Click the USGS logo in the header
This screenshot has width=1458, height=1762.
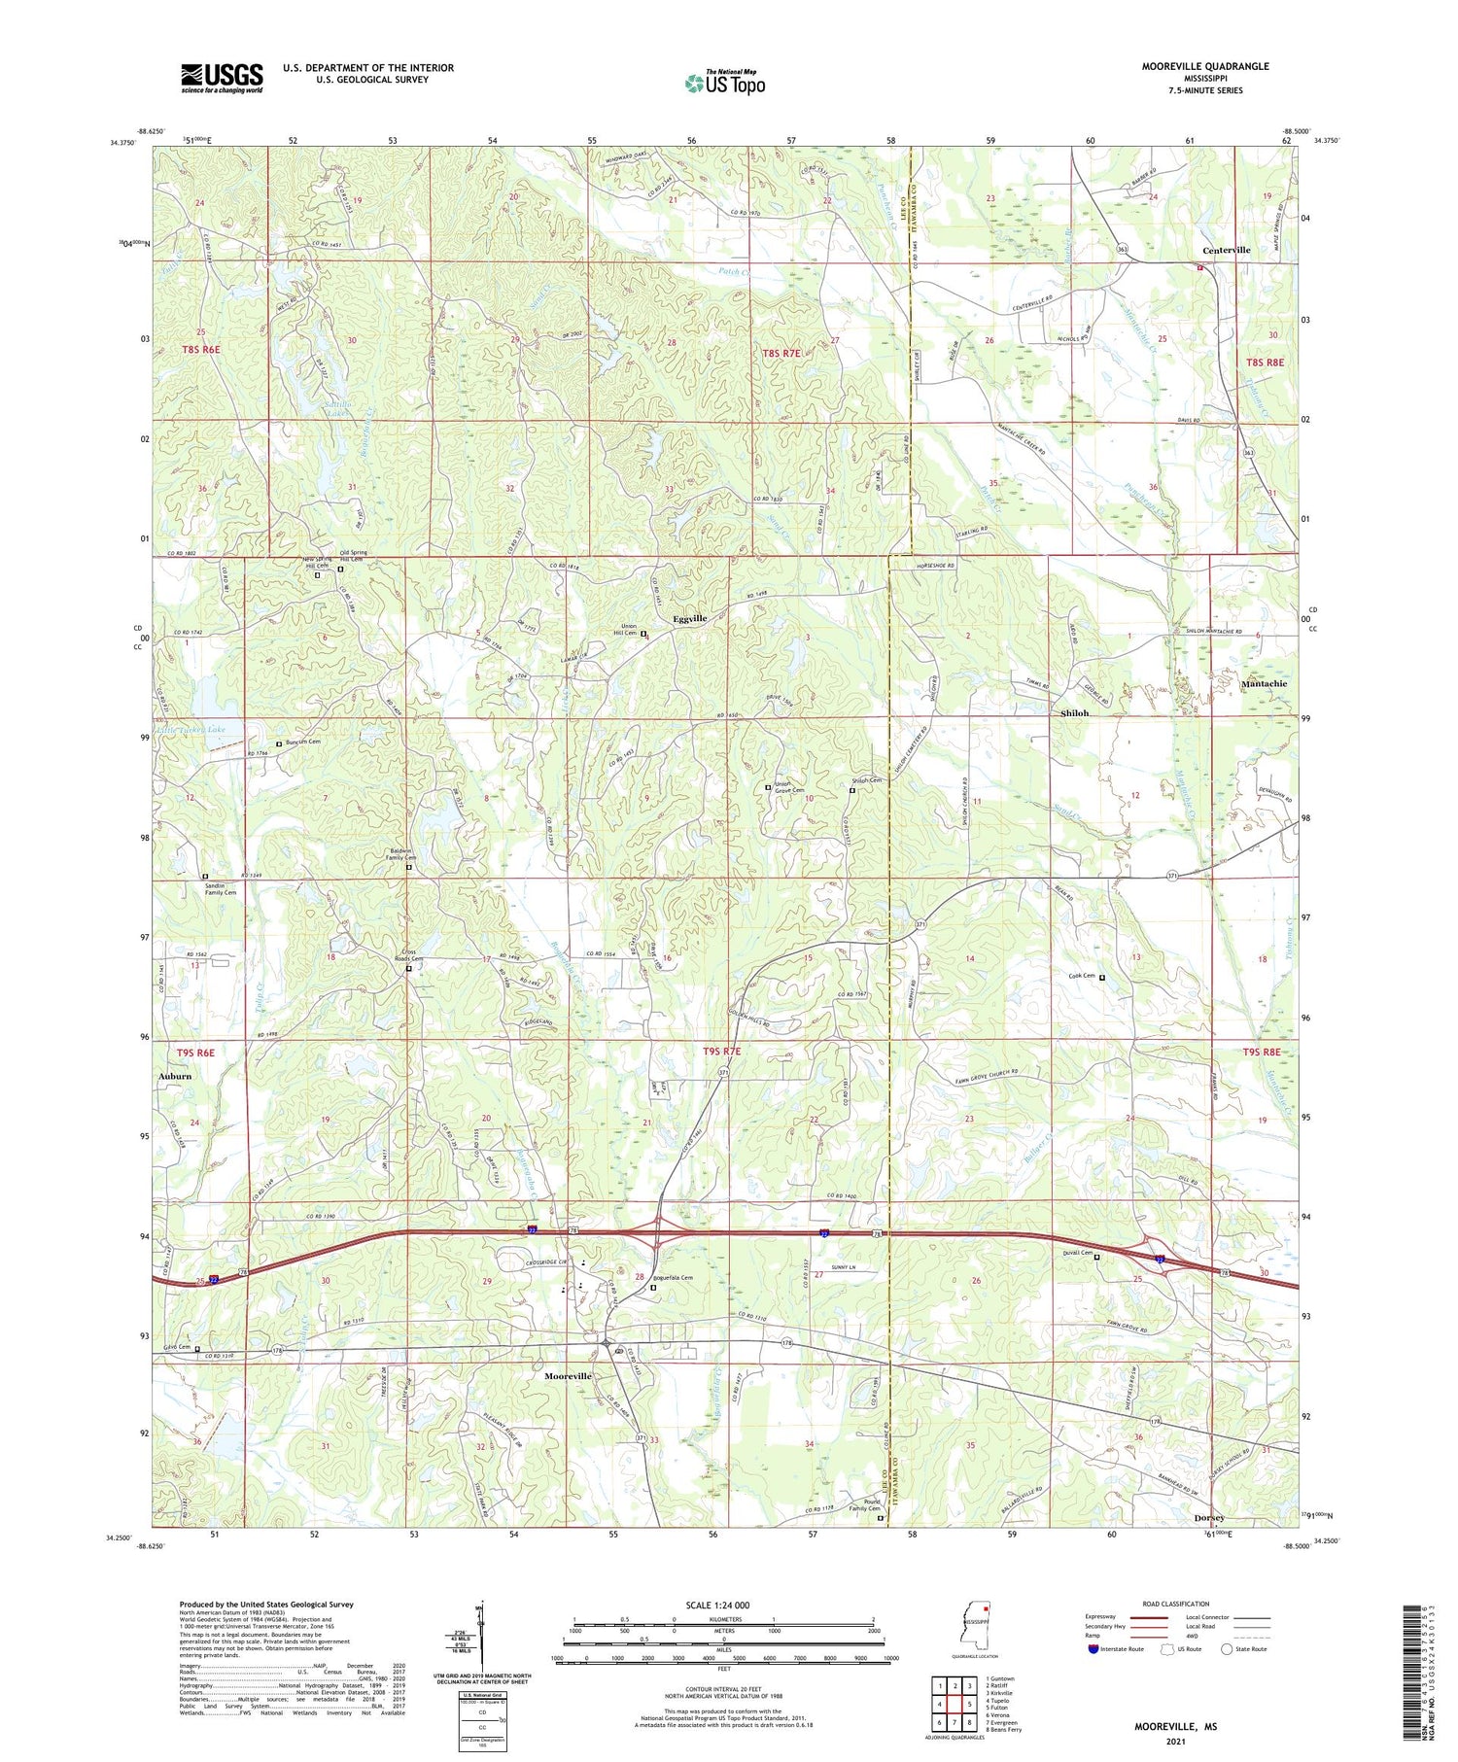click(x=222, y=78)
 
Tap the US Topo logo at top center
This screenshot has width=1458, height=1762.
click(x=724, y=83)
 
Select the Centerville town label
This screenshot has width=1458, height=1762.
click(x=1226, y=250)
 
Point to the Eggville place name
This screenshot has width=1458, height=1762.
click(x=690, y=618)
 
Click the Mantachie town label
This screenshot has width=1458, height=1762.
click(x=1264, y=683)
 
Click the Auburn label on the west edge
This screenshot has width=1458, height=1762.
click(x=175, y=1076)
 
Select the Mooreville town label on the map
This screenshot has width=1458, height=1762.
click(x=568, y=1376)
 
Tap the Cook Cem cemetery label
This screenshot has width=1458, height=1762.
click(x=1082, y=976)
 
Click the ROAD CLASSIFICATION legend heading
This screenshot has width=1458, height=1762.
click(x=1176, y=1604)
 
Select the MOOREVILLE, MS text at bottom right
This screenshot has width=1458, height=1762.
click(x=1175, y=1727)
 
